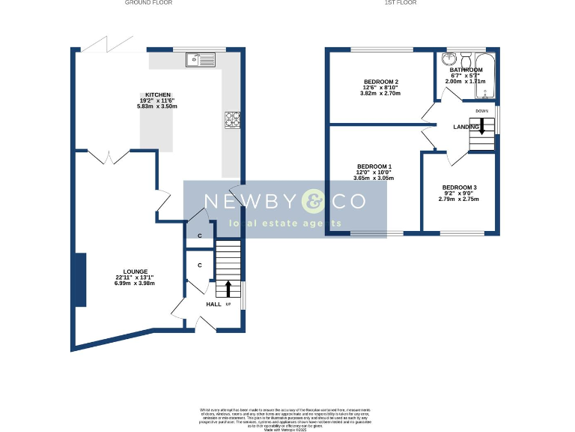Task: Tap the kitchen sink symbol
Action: click(x=201, y=58)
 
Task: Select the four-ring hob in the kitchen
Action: click(x=231, y=118)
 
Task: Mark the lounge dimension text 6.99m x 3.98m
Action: click(x=136, y=283)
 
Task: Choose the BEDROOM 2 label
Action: click(x=381, y=82)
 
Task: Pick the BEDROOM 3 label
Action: click(x=459, y=187)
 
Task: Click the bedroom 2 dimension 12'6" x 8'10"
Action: click(x=381, y=88)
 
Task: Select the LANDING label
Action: click(x=466, y=127)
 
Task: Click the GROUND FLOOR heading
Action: click(x=148, y=3)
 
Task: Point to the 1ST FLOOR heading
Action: click(x=400, y=3)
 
